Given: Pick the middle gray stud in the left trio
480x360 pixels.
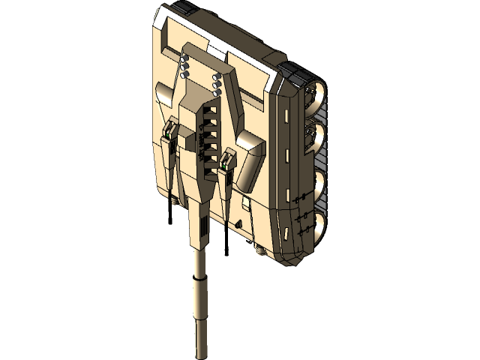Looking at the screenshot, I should click(x=184, y=65).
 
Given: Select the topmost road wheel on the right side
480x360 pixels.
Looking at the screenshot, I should click(x=315, y=94).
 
